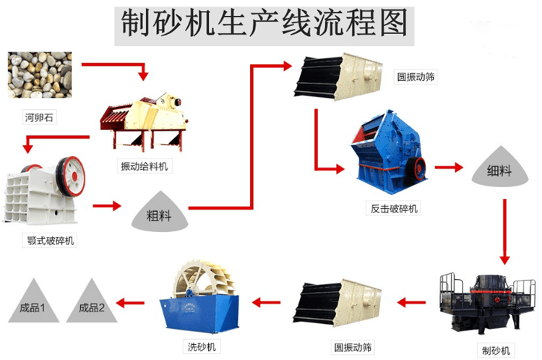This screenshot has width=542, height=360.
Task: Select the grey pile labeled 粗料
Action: (x=158, y=212)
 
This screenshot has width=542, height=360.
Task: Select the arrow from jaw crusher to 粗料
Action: (x=107, y=206)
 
